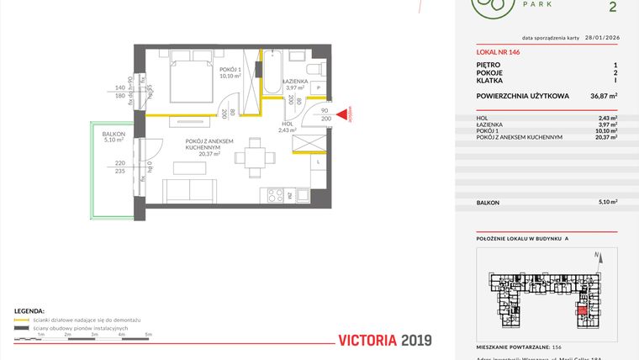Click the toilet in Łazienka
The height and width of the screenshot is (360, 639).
313,70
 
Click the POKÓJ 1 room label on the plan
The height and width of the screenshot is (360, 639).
230,70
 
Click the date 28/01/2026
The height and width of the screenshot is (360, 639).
600,38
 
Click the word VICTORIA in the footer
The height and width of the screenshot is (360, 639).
367,341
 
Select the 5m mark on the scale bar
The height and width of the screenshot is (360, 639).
148,336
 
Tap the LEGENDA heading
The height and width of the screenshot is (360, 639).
29,310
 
